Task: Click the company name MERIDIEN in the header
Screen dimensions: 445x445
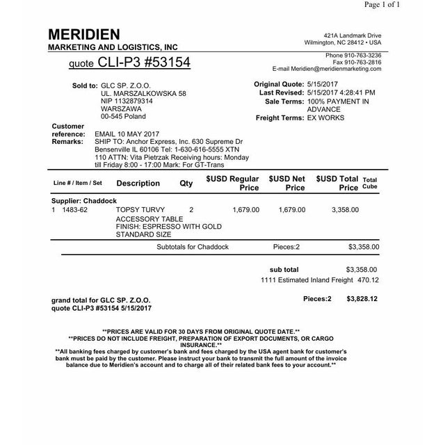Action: click(84, 34)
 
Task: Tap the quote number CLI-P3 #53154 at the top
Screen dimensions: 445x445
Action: click(129, 63)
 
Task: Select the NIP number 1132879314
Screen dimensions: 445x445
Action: click(127, 101)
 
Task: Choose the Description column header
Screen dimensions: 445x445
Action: click(138, 184)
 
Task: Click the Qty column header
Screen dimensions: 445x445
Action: click(186, 184)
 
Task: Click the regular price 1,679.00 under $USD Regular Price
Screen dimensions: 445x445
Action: click(246, 209)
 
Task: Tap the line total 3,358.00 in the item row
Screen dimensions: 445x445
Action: click(345, 209)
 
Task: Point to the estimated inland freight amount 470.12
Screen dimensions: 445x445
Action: click(368, 280)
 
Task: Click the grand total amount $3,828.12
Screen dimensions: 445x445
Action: click(362, 299)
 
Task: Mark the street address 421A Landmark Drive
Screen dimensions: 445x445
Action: click(353, 35)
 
